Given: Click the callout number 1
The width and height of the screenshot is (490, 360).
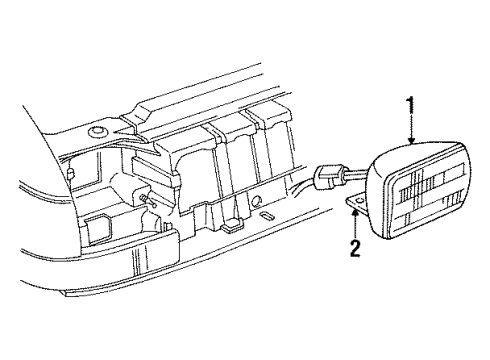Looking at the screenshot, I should tap(410, 103).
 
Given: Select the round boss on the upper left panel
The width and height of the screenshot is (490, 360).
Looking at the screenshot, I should tap(97, 133).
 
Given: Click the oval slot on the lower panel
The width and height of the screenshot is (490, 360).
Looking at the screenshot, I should tap(267, 214).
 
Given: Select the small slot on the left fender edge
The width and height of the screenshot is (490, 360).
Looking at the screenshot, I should tap(72, 173).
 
